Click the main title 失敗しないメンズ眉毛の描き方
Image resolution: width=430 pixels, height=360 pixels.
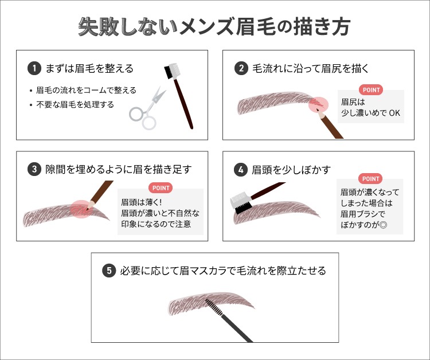[x=214, y=27]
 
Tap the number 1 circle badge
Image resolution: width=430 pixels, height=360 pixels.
[x=34, y=69]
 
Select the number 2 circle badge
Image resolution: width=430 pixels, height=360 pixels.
[x=241, y=69]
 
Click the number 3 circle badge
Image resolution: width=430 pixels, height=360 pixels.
[x=34, y=169]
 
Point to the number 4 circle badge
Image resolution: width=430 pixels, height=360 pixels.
[x=241, y=170]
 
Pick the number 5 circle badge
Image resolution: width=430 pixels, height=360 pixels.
[x=109, y=271]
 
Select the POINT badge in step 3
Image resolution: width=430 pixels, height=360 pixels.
[x=161, y=188]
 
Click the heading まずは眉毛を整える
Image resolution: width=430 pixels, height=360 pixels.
[x=89, y=69]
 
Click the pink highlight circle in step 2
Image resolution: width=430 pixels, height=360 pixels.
[x=318, y=104]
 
